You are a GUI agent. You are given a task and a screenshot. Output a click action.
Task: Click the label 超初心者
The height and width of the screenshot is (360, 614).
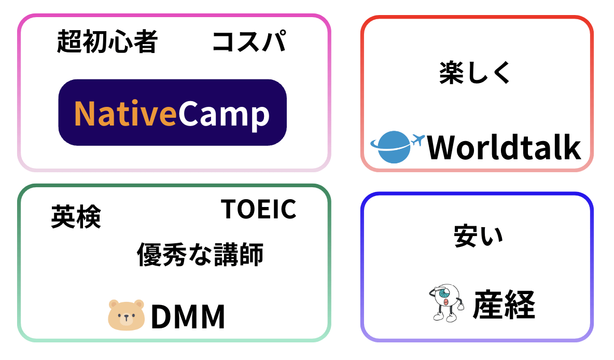107,42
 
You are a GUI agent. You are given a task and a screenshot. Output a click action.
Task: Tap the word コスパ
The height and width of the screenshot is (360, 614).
249,42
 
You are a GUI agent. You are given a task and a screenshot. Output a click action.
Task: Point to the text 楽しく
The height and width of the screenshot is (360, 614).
475,73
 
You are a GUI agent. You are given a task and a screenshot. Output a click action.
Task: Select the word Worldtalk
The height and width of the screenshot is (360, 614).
503,147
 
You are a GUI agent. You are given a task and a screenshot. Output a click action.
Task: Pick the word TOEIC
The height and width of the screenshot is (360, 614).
259,209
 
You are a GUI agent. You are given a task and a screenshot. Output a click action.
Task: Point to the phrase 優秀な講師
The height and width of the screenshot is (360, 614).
200,255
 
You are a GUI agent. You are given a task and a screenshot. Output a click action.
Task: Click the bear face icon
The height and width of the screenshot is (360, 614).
126,314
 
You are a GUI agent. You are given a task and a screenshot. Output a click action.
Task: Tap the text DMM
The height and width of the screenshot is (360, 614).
188,316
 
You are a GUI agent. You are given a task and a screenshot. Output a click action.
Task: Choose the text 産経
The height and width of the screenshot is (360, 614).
503,305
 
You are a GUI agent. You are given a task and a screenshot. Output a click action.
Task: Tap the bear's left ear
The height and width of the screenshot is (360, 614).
114,304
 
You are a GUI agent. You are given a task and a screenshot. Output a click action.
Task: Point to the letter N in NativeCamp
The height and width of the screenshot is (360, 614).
85,113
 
